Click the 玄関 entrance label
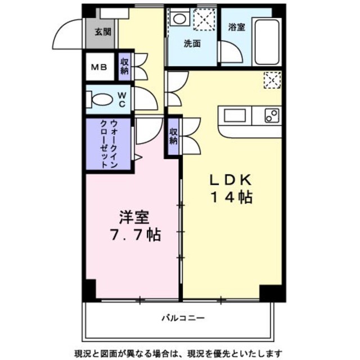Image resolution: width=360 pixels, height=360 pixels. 103,32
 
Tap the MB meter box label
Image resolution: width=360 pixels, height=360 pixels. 99,67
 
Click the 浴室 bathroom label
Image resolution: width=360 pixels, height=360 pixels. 236,28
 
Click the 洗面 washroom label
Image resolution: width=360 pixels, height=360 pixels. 192,43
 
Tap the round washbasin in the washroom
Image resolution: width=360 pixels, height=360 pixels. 179,19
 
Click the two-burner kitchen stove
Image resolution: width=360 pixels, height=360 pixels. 272,115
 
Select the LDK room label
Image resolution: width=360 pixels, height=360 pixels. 231,180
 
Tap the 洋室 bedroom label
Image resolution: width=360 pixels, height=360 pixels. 134,217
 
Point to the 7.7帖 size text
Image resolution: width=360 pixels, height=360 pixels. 136,235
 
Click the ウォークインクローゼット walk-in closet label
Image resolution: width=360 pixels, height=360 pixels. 109,144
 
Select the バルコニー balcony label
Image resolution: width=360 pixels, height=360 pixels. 183,318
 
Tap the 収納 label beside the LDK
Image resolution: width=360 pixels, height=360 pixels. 174,136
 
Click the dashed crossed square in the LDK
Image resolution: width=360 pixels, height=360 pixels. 272,80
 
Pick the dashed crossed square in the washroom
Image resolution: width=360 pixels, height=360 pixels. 205,19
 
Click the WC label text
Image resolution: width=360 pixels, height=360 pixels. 122,100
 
